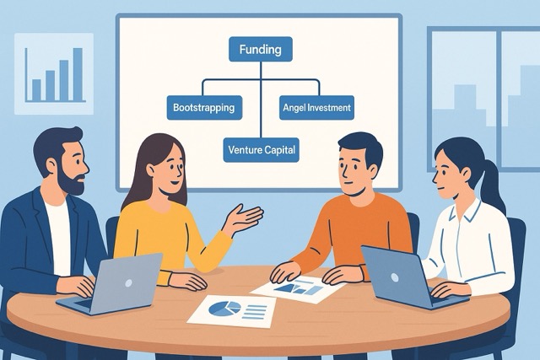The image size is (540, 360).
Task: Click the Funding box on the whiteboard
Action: click(x=261, y=49)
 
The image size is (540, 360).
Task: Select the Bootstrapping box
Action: click(x=204, y=108)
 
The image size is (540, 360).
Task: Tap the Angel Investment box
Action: click(x=316, y=108)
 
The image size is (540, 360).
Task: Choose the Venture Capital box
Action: click(x=261, y=150)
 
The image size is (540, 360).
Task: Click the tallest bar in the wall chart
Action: click(x=78, y=74)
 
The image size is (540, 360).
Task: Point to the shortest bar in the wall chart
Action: click(x=36, y=90)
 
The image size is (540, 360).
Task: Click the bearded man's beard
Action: click(x=71, y=182)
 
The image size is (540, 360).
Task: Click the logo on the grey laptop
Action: click(x=128, y=283)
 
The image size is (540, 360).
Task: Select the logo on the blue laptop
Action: click(x=395, y=277)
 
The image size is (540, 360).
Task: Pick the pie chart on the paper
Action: click(x=224, y=308)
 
